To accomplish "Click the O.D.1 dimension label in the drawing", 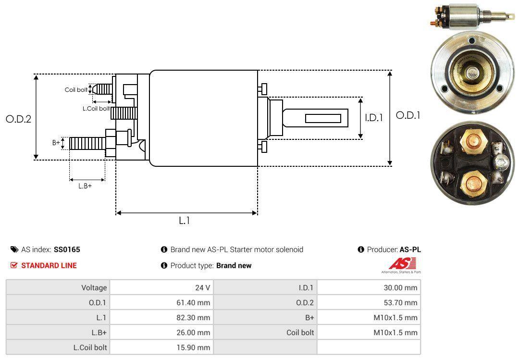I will pos(408,115).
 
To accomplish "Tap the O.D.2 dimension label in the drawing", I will pos(18,119).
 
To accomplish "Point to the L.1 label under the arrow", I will pos(185,221).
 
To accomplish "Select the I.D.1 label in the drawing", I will pos(373,117).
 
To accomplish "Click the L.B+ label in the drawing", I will pos(85,186).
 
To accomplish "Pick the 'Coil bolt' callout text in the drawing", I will pos(76,90).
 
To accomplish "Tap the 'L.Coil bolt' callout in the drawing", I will pos(96,109).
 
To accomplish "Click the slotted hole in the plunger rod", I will pos(323,118).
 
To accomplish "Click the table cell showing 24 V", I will pos(201,288).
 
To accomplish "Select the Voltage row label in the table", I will pos(94,288).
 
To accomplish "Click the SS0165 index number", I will pos(67,249).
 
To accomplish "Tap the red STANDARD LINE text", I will pos(49,265).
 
